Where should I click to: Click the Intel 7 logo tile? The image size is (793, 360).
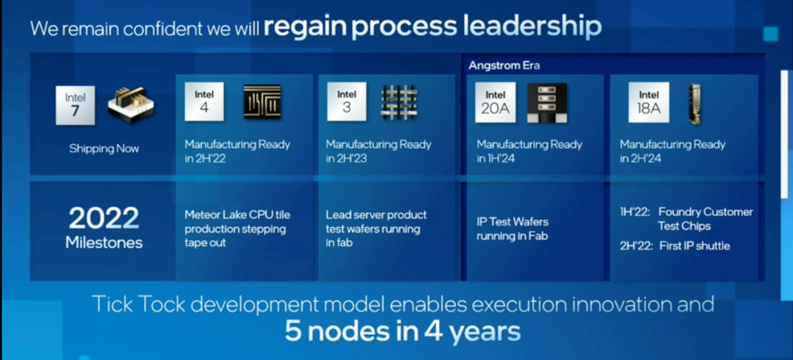tap(75, 105)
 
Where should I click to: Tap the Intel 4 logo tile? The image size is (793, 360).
tap(204, 101)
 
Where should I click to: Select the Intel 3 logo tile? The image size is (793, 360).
tap(347, 101)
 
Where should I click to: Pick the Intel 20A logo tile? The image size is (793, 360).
tap(495, 102)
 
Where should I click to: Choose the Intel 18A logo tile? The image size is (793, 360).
tap(649, 102)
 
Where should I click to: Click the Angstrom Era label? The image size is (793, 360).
tap(497, 66)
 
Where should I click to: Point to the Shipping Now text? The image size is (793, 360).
tap(104, 148)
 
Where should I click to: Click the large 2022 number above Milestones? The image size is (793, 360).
tap(104, 219)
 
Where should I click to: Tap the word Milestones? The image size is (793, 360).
tap(104, 242)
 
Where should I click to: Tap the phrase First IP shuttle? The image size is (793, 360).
tap(695, 246)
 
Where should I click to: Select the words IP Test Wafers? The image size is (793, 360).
tap(513, 222)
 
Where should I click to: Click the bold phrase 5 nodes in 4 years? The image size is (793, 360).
tap(402, 331)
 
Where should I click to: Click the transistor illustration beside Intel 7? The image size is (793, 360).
tap(131, 105)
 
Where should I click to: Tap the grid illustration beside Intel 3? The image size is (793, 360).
tap(399, 102)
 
